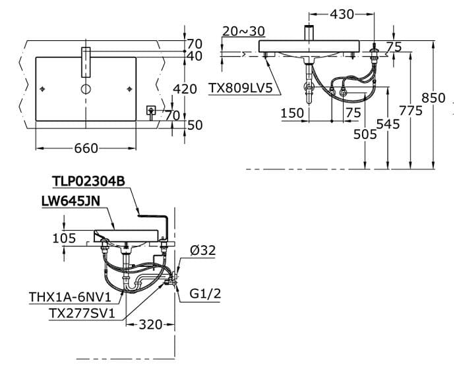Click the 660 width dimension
[x=86, y=149]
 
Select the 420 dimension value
[x=185, y=89]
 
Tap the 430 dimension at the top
[x=341, y=14]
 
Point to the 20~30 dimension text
[x=243, y=32]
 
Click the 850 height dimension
[x=433, y=98]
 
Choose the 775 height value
[x=410, y=111]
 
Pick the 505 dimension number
[x=365, y=134]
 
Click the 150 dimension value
[x=292, y=113]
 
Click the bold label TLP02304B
[x=88, y=181]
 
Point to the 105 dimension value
[x=64, y=239]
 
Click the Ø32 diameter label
[x=202, y=250]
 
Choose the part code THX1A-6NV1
[x=69, y=298]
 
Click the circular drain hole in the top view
[x=86, y=88]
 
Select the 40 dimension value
[x=194, y=57]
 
